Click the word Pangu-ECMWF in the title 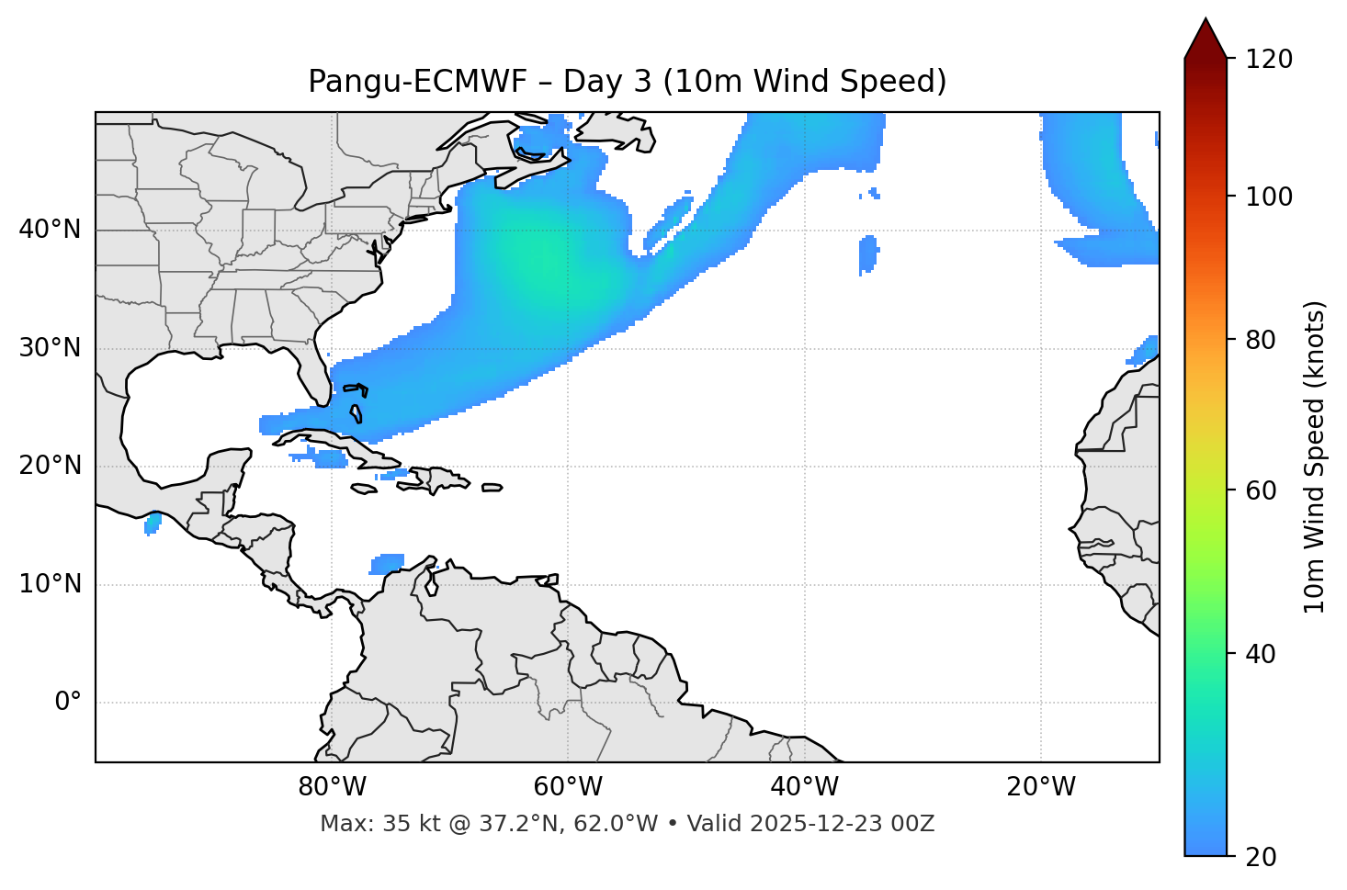(417, 82)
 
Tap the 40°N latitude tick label (50, 230)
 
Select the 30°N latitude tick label (50, 348)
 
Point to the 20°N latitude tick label (50, 466)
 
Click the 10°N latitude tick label (50, 584)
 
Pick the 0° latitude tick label (68, 703)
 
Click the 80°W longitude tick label (332, 787)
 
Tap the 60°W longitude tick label (568, 787)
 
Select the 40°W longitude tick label (804, 787)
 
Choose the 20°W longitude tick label (1040, 787)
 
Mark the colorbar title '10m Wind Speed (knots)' (1315, 456)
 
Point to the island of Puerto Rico (492, 488)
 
